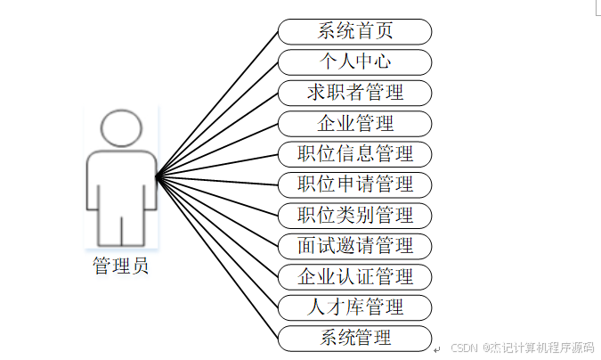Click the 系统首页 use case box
point(354,31)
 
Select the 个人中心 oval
point(354,62)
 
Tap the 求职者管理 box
point(354,93)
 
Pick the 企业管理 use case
point(354,123)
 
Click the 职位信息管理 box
point(354,154)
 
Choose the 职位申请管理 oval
point(354,184)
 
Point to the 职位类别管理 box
point(354,216)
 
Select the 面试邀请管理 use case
point(354,246)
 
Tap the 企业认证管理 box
point(354,276)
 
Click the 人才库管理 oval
point(354,307)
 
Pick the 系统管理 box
point(354,338)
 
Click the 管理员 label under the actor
point(121,266)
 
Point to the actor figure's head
point(121,129)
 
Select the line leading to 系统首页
point(217,103)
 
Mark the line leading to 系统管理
point(217,258)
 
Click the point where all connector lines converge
point(157,177)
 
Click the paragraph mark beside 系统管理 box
point(437,348)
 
